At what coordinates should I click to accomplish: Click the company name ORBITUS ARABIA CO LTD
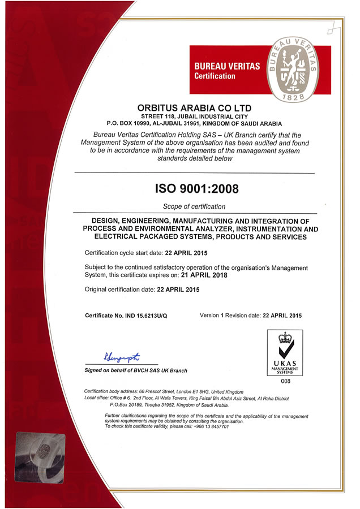point(195,107)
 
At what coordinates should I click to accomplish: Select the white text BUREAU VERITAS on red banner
point(227,66)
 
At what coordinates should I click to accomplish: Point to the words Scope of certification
point(194,206)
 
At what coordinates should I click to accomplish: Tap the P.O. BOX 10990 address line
point(195,123)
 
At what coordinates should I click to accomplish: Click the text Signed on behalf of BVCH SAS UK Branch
point(136,370)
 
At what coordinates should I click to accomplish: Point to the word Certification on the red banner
point(215,76)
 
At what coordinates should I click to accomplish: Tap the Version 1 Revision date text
point(251,314)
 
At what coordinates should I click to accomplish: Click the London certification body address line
point(164,391)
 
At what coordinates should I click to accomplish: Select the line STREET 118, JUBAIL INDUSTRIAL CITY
point(195,115)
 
